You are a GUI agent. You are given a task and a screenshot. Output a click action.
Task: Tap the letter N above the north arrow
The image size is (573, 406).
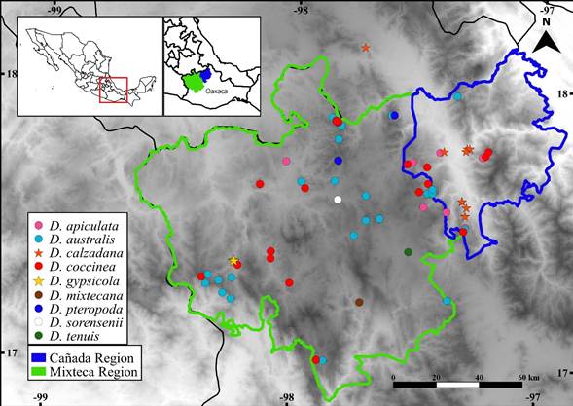point(547,18)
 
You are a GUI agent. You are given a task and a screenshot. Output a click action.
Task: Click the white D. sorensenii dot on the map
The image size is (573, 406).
point(338,201)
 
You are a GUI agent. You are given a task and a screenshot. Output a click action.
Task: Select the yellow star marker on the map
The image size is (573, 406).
point(233,261)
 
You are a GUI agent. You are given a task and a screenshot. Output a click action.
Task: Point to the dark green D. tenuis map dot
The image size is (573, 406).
point(408,252)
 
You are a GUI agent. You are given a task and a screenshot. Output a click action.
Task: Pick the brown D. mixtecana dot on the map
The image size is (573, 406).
point(360,302)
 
